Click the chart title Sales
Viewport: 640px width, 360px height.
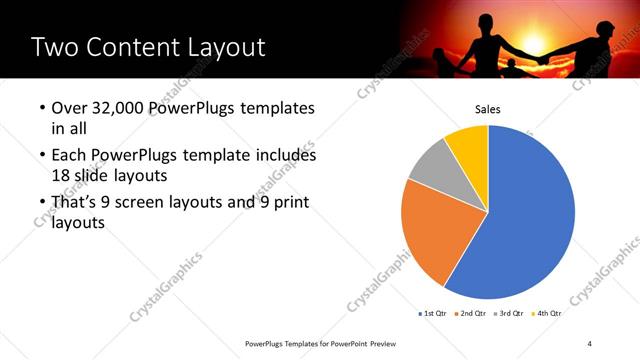(x=487, y=109)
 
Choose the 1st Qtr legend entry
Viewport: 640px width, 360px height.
(x=432, y=313)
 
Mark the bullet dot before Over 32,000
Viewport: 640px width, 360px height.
(x=40, y=108)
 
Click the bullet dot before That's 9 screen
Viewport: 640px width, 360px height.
(x=40, y=204)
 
